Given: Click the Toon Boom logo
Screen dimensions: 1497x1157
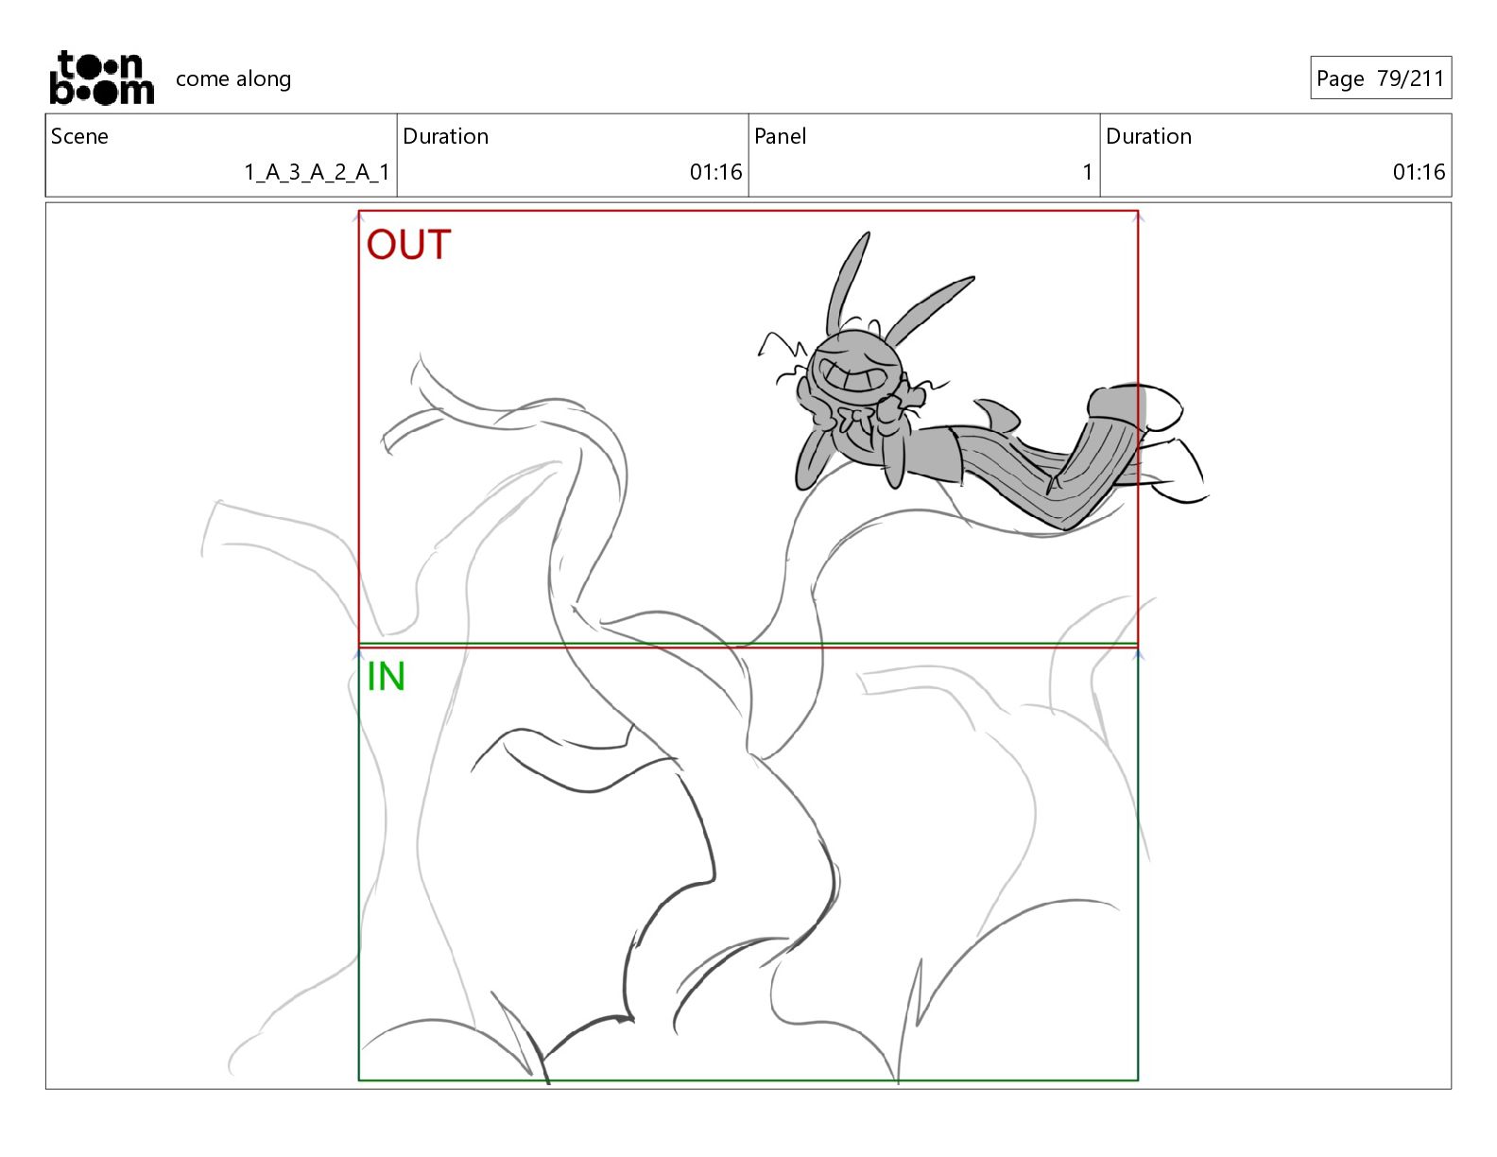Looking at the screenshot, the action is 102,78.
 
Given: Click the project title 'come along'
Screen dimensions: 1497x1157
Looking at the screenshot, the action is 232,78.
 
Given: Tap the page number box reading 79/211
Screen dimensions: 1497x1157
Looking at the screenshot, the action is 1380,78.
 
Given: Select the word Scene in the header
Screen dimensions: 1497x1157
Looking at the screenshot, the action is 79,136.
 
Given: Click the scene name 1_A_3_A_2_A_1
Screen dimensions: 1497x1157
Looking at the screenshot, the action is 317,172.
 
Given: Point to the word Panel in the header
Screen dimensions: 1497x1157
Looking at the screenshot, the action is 780,136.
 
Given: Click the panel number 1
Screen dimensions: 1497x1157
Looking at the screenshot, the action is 1087,172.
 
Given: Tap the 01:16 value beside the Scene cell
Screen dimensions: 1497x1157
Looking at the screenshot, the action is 715,172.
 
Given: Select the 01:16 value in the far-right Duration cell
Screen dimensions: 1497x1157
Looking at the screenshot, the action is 1419,172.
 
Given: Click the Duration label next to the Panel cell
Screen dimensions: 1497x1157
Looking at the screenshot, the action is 1148,136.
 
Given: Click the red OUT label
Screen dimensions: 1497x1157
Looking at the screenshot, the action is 408,245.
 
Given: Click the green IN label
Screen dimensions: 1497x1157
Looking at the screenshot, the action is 386,676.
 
